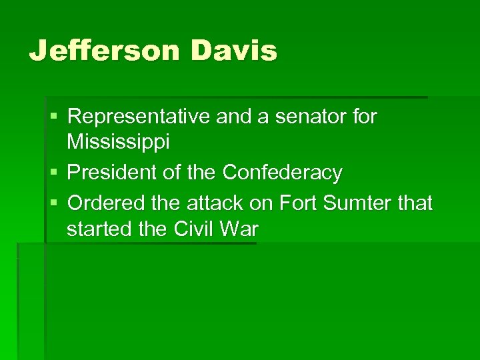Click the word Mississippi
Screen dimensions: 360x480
[118, 141]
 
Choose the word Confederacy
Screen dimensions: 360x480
[282, 173]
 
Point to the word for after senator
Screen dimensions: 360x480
[365, 117]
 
